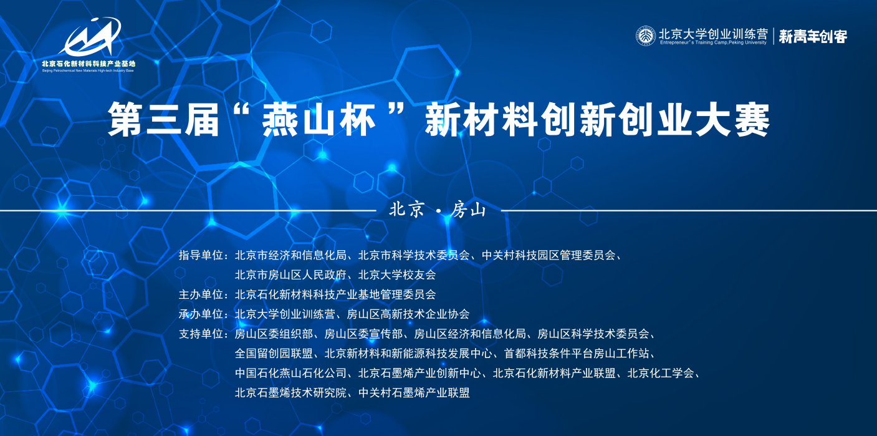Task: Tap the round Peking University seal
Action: point(646,36)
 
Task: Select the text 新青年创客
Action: point(813,37)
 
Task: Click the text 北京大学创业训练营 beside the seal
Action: point(713,33)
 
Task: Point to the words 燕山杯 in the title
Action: point(319,120)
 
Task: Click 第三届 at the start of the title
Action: point(163,120)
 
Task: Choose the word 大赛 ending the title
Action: point(732,120)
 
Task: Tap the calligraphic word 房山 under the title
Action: point(468,210)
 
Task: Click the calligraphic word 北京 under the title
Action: point(407,210)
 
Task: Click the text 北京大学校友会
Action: point(397,275)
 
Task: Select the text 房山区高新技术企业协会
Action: point(408,314)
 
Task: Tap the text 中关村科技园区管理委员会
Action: point(549,255)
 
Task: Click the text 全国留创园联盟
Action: point(274,353)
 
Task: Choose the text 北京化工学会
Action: point(661,373)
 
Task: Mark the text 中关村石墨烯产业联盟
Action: point(414,392)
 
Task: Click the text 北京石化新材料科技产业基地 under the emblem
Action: point(89,64)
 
